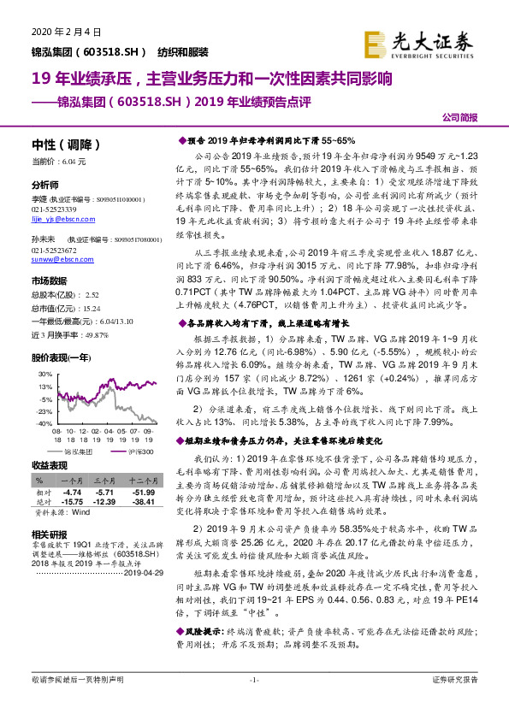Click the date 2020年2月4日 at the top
(67, 32)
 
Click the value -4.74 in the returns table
(72, 493)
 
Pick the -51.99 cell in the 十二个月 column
(143, 493)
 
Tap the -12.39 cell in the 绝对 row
(105, 501)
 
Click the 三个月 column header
(105, 481)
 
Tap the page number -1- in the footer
(254, 704)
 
